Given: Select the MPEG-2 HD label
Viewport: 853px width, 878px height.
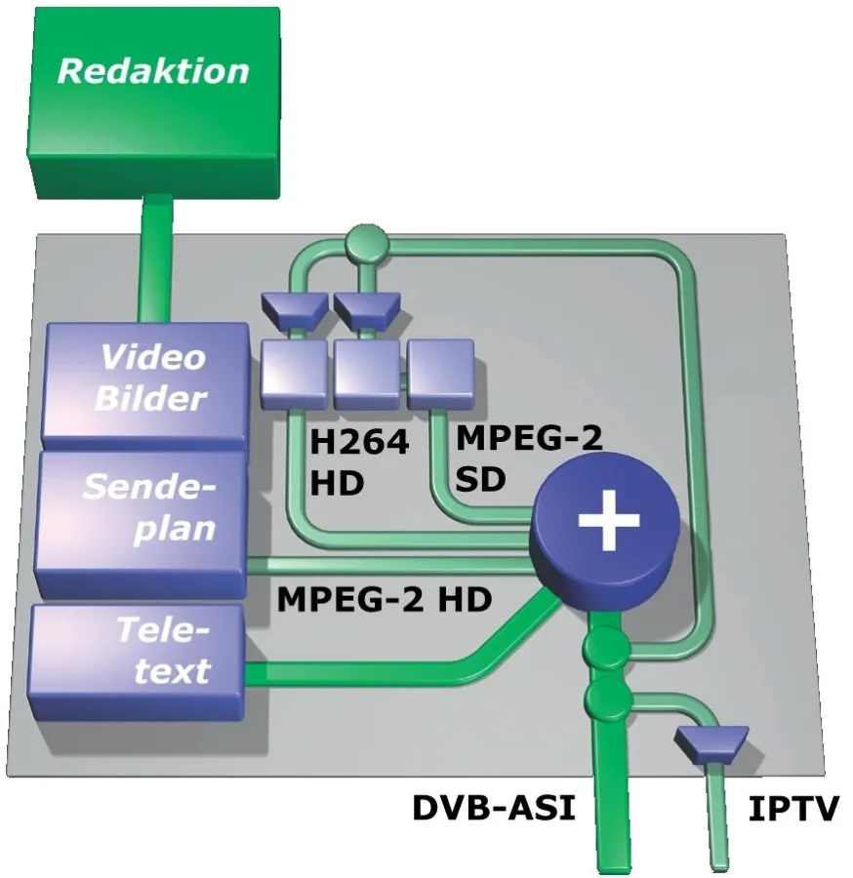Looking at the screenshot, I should pyautogui.click(x=384, y=598).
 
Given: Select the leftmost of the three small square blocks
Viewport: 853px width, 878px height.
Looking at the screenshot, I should pyautogui.click(x=294, y=373).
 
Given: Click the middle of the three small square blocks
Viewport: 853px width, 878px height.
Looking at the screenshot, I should pyautogui.click(x=367, y=373).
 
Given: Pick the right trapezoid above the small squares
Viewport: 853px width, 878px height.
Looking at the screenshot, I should pyautogui.click(x=364, y=308).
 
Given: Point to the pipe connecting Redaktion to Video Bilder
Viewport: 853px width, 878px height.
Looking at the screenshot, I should pyautogui.click(x=156, y=259).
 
